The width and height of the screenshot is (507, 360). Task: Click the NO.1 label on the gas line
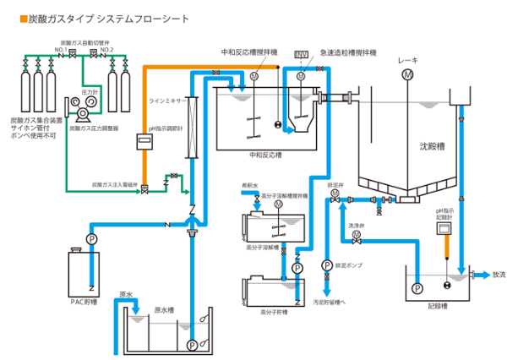[x=61, y=50]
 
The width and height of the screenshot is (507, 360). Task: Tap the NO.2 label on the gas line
[x=106, y=50]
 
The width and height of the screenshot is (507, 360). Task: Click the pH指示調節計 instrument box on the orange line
[x=144, y=145]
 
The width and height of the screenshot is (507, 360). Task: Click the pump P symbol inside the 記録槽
[x=417, y=287]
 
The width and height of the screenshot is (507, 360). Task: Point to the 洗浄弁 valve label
[x=355, y=226]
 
